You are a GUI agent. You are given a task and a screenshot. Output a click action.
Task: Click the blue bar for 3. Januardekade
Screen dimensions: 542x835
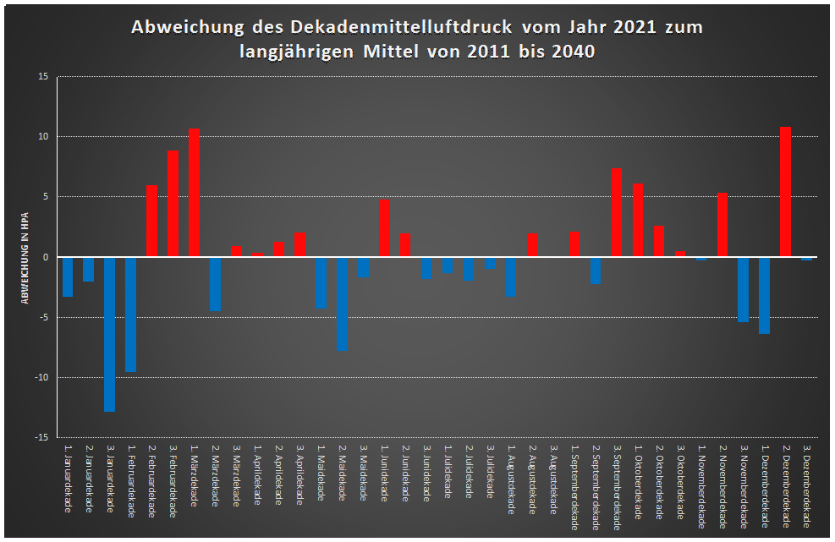(110, 334)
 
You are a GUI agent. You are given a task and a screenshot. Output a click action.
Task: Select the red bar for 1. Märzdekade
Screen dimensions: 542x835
(195, 193)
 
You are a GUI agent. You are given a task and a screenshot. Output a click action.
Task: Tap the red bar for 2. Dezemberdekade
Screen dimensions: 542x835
(785, 192)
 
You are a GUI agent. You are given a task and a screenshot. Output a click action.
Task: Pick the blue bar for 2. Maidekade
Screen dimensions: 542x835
(343, 304)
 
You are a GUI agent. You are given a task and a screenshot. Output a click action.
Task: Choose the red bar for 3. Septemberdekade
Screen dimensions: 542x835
(617, 213)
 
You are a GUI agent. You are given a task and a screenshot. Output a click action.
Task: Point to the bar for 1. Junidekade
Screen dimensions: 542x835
(385, 228)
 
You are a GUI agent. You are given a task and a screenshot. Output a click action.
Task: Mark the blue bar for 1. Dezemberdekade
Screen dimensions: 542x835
(764, 295)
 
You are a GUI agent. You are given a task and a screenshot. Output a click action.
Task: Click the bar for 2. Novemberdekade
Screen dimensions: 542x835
(722, 225)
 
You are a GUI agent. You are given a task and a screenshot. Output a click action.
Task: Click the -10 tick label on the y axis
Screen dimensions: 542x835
(43, 378)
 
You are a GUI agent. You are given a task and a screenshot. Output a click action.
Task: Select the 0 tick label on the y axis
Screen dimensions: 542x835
(47, 257)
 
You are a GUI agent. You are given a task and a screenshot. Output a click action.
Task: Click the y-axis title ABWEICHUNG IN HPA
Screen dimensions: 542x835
(25, 257)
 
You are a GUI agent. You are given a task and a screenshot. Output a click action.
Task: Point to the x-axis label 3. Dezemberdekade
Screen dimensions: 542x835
(806, 490)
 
